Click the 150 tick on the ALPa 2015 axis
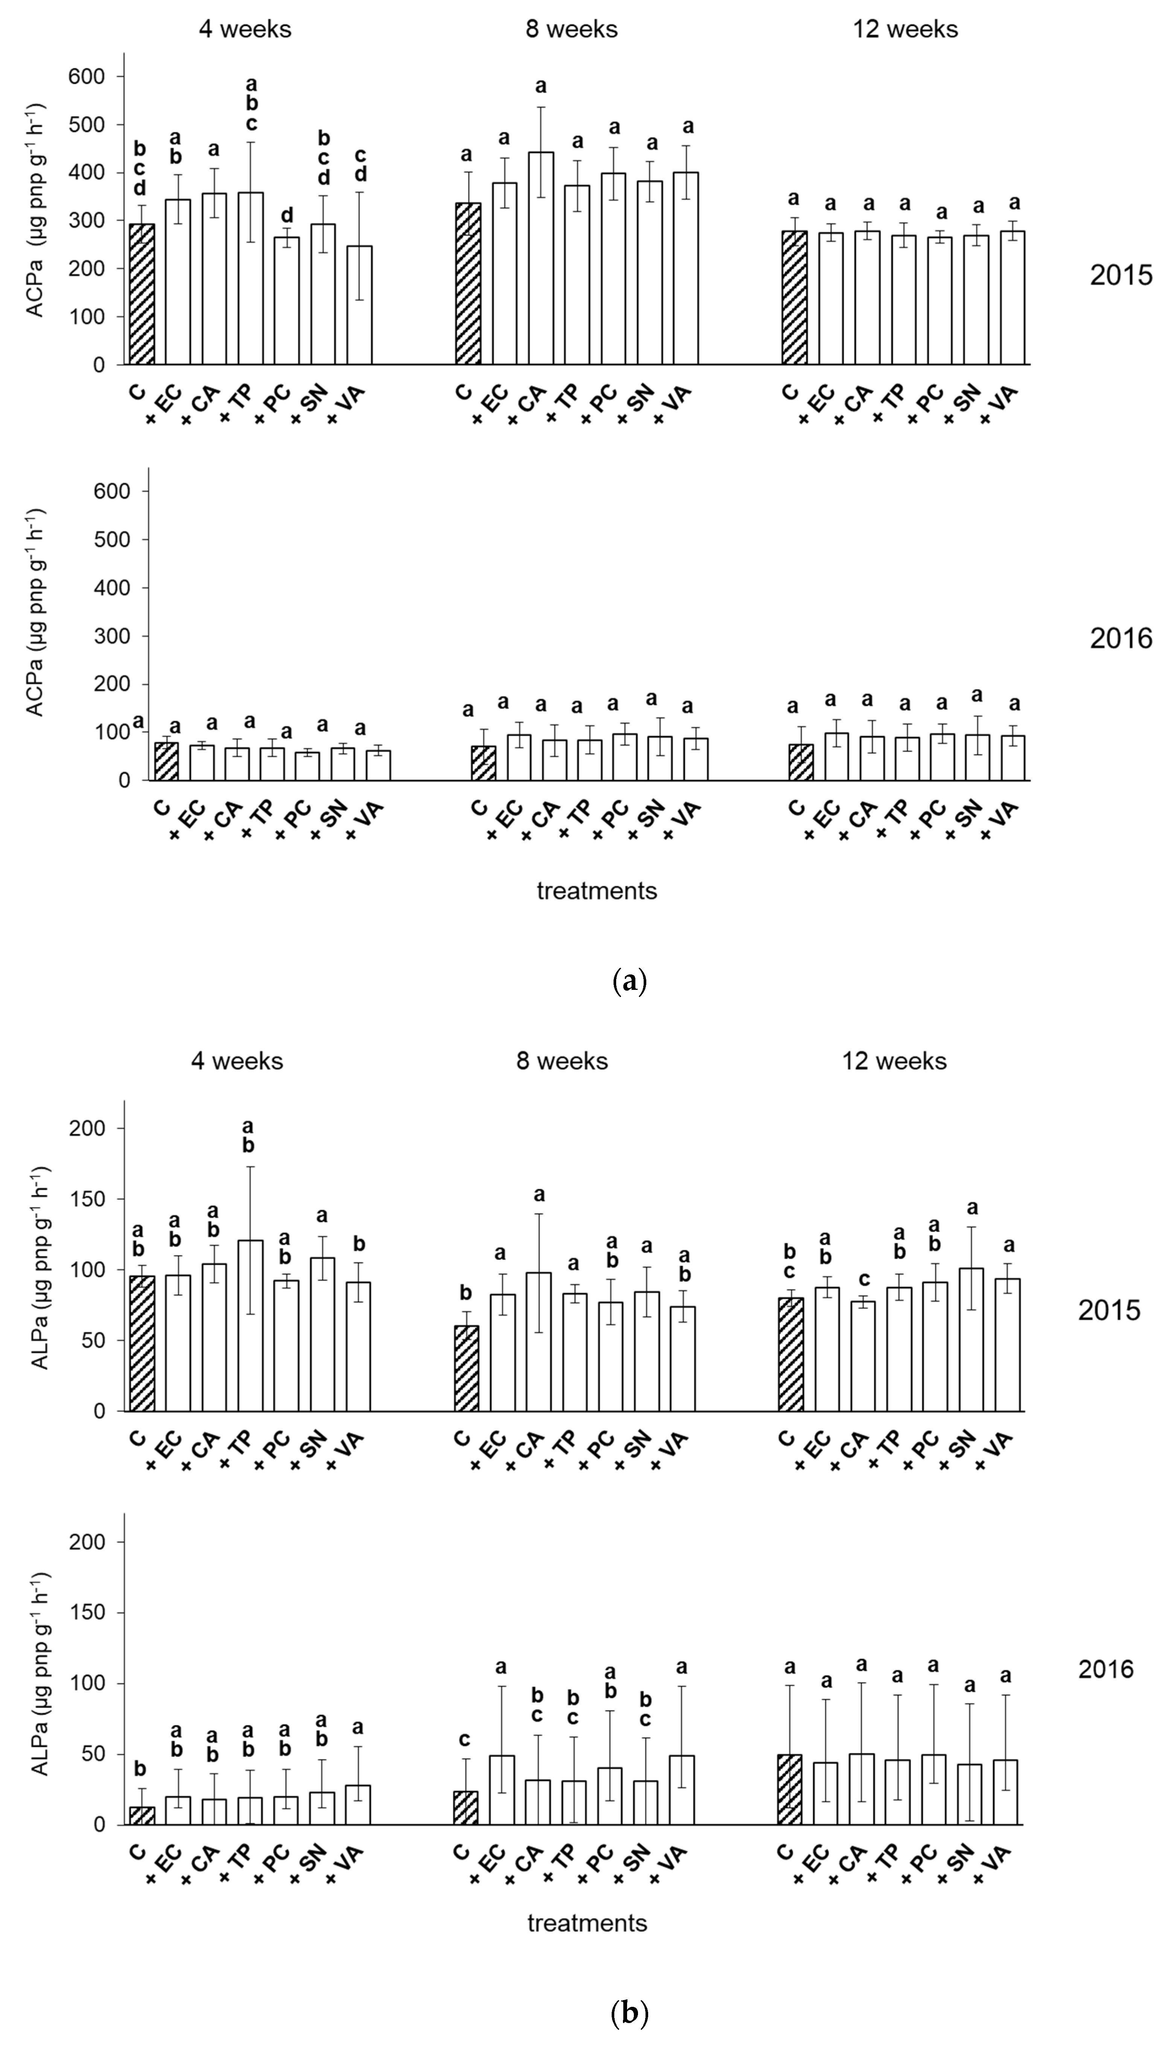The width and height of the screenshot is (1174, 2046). tap(98, 1199)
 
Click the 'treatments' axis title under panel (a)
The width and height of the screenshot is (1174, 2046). tap(597, 891)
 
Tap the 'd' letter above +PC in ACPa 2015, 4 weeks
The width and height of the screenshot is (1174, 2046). tap(286, 215)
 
